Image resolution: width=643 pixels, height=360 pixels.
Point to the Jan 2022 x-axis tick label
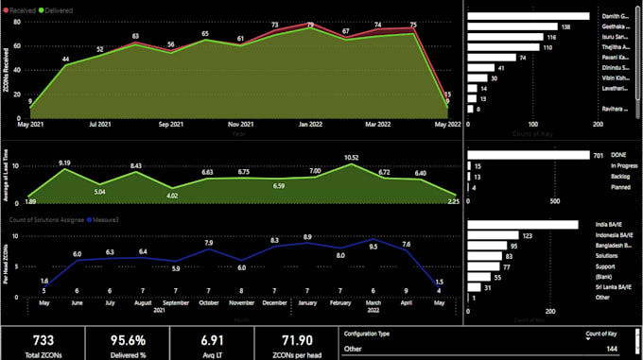coord(312,123)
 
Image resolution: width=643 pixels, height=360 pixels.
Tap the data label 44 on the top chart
coord(65,60)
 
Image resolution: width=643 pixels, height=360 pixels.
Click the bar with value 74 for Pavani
coord(490,58)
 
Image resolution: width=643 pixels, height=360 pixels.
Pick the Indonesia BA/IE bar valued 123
coord(492,235)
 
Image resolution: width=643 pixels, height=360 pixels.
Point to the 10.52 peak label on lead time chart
coord(351,157)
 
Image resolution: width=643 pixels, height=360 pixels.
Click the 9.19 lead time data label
coord(65,163)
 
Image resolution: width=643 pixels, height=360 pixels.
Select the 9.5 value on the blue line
coord(374,247)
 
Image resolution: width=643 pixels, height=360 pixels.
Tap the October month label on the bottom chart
coord(209,303)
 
